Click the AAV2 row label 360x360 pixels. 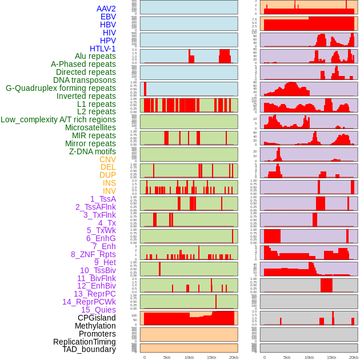[x=106, y=9]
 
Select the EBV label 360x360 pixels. [x=108, y=17]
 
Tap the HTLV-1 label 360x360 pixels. [x=103, y=49]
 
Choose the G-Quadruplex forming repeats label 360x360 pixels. [x=61, y=88]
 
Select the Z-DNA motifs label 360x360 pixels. [x=93, y=151]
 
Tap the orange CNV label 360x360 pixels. [x=107, y=159]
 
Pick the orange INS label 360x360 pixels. [x=109, y=183]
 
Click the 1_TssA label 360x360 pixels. [x=103, y=199]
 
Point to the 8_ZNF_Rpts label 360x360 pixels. [x=93, y=254]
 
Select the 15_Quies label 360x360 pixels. [x=98, y=310]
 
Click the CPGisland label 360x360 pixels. [x=97, y=318]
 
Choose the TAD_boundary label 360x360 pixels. [x=89, y=349]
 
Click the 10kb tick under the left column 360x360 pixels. [x=189, y=357]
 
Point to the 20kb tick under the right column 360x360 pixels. [x=353, y=357]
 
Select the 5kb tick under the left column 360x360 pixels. [x=167, y=357]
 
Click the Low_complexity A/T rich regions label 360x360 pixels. [x=58, y=119]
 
